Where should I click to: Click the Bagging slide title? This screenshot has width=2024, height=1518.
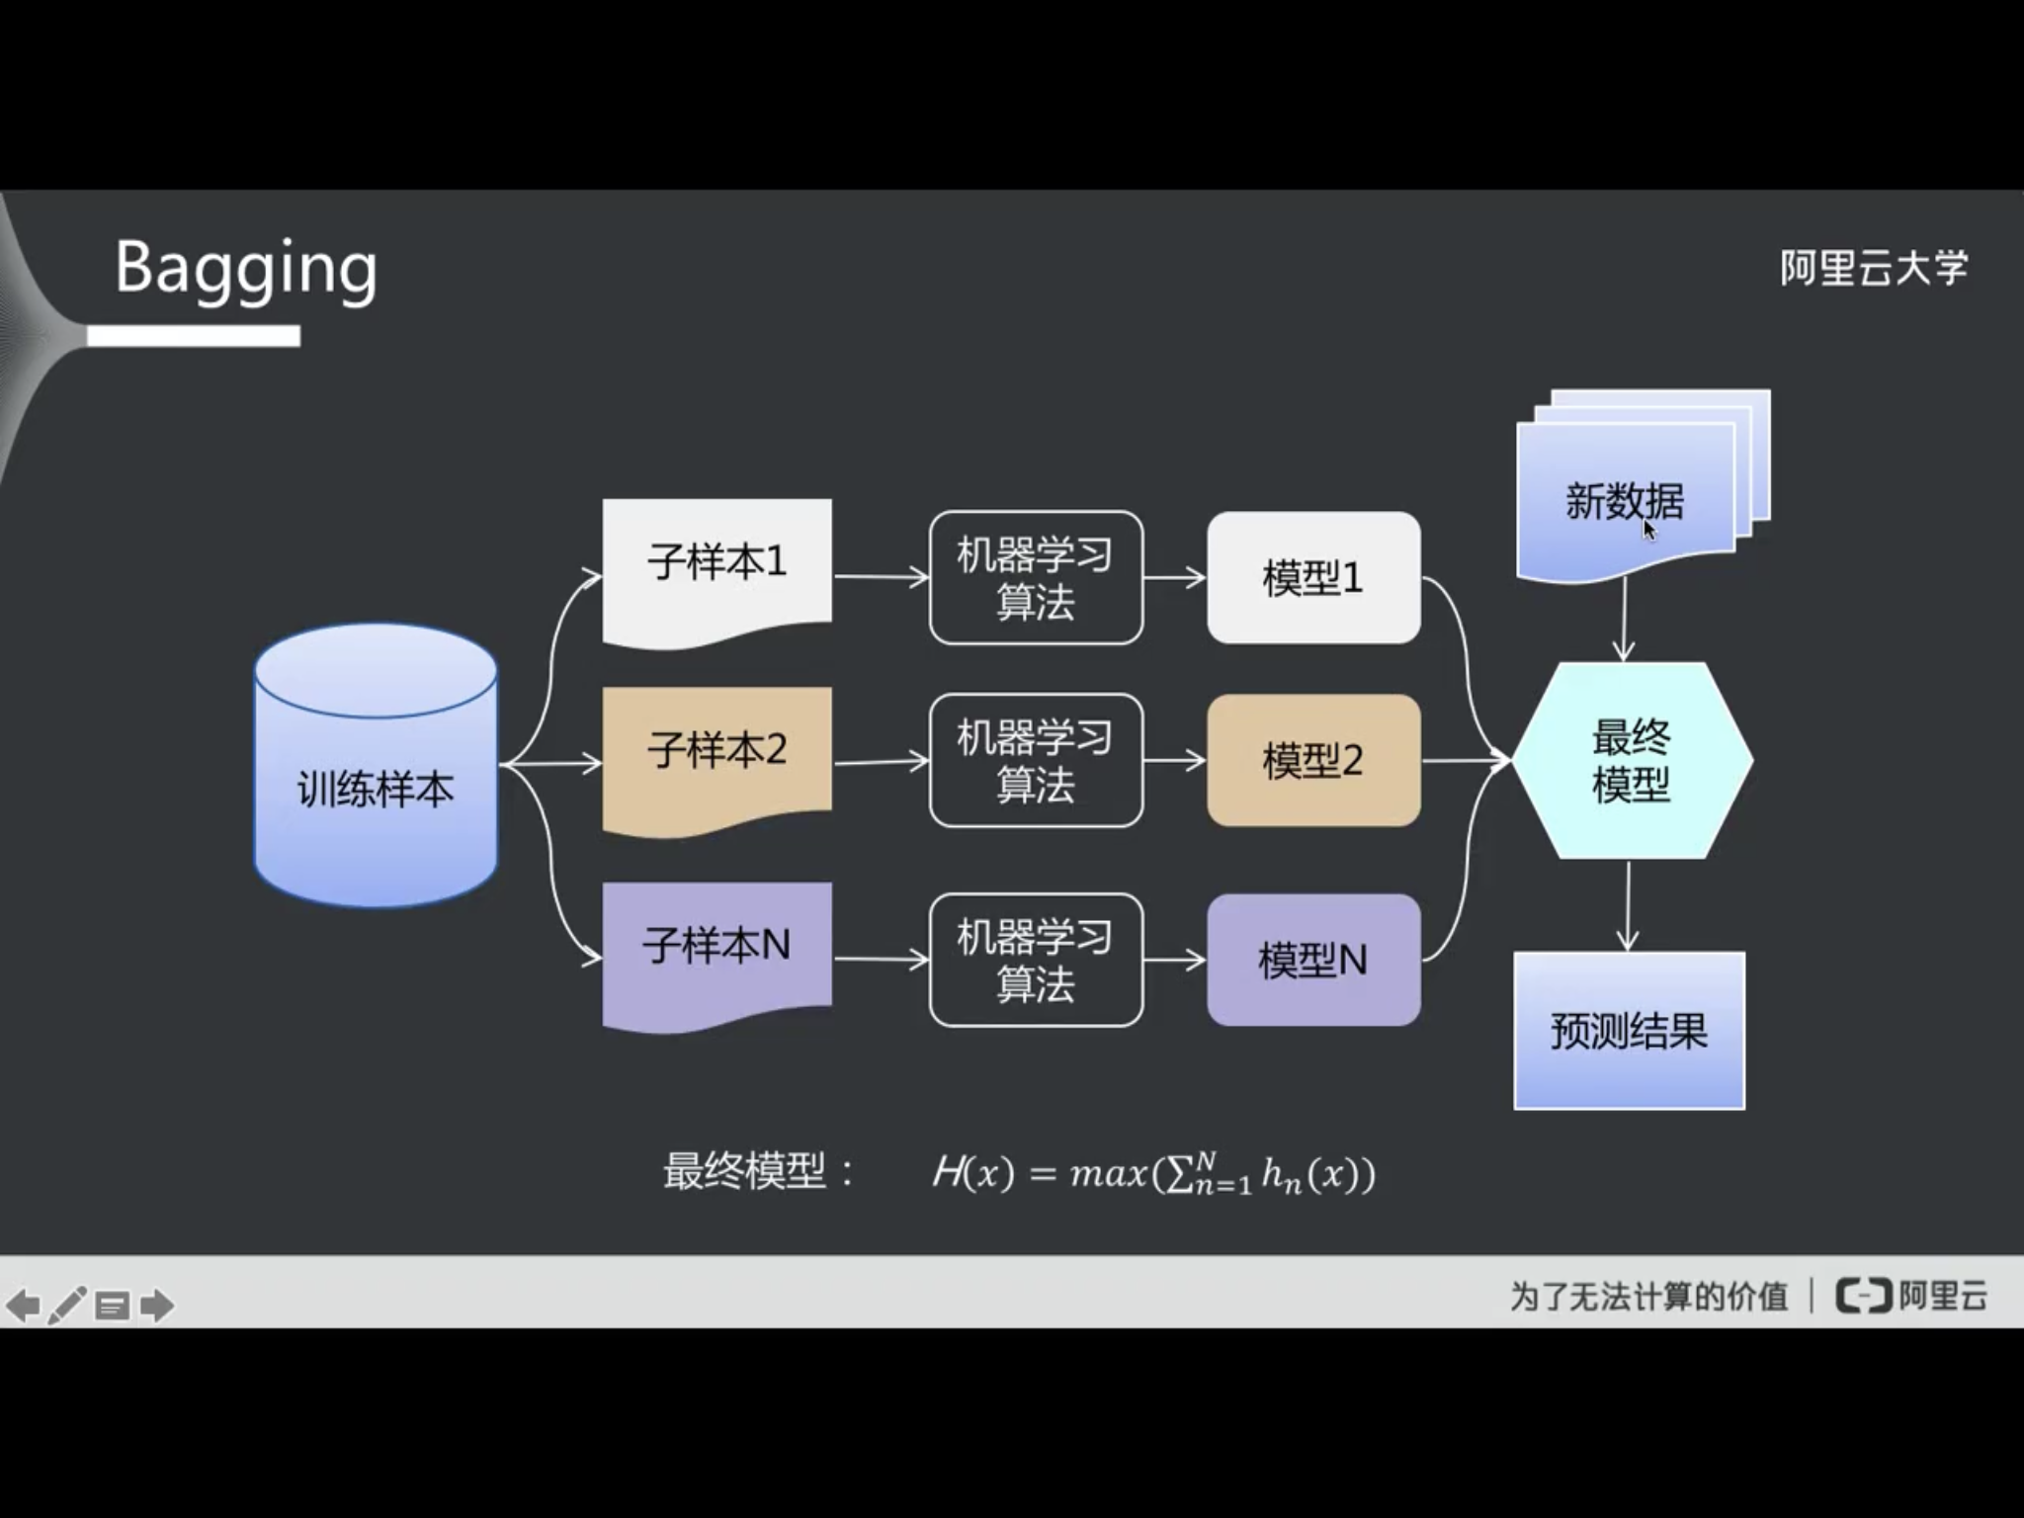click(246, 268)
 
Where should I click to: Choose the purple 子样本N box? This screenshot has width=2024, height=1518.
click(717, 948)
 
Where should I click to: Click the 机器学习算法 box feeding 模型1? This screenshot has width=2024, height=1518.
click(1036, 578)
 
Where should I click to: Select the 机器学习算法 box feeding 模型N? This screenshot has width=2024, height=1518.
click(1036, 961)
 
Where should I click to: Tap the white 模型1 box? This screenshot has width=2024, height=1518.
click(1313, 578)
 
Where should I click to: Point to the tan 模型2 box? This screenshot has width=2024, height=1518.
click(1313, 760)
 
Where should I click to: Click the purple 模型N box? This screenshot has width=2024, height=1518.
click(1313, 961)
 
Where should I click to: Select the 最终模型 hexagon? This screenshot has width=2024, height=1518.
click(1631, 760)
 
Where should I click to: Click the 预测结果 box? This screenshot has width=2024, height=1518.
click(1629, 1031)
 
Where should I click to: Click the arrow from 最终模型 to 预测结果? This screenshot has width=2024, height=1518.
click(1628, 904)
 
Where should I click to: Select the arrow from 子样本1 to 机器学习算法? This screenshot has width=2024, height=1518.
click(881, 576)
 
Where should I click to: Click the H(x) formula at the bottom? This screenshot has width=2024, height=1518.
click(1152, 1174)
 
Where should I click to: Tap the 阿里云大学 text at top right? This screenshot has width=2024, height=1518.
click(1873, 268)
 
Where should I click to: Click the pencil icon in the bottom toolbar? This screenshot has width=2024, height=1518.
click(66, 1306)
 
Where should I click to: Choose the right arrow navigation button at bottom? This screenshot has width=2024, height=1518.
click(157, 1306)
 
